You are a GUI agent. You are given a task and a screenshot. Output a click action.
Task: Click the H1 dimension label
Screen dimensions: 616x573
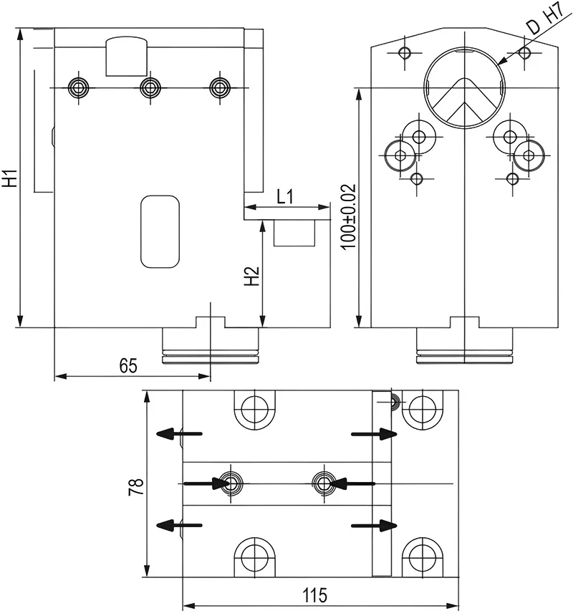10,178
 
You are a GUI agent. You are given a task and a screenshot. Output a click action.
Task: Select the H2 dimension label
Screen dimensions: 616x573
251,276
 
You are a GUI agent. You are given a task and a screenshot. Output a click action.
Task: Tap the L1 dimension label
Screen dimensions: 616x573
285,196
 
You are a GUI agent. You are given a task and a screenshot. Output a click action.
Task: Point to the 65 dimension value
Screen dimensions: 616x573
127,366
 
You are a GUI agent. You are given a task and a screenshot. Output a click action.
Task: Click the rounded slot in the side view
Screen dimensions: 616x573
160,231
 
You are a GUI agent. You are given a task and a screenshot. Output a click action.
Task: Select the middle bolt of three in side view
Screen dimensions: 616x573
149,87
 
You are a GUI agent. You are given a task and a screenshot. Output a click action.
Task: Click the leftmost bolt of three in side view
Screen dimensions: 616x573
78,87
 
